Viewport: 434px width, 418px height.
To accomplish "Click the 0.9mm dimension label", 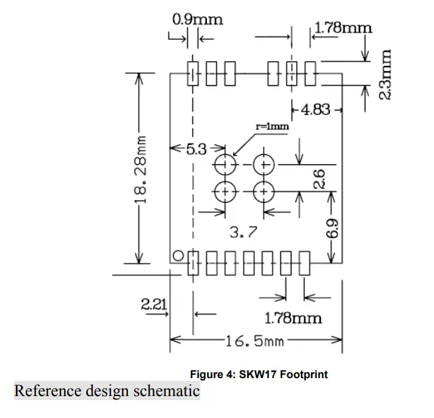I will [197, 19].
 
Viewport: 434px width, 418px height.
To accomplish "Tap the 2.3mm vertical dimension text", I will [385, 72].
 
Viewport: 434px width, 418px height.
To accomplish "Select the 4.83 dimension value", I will [316, 109].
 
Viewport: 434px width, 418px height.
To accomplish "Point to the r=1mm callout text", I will [273, 126].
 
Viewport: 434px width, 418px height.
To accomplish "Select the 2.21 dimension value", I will [154, 304].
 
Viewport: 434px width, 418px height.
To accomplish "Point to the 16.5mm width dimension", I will [255, 342].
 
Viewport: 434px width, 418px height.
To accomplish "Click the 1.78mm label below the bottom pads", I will [293, 318].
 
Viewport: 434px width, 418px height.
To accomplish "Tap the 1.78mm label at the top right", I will [343, 27].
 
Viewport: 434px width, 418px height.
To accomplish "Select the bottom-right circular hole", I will [265, 191].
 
